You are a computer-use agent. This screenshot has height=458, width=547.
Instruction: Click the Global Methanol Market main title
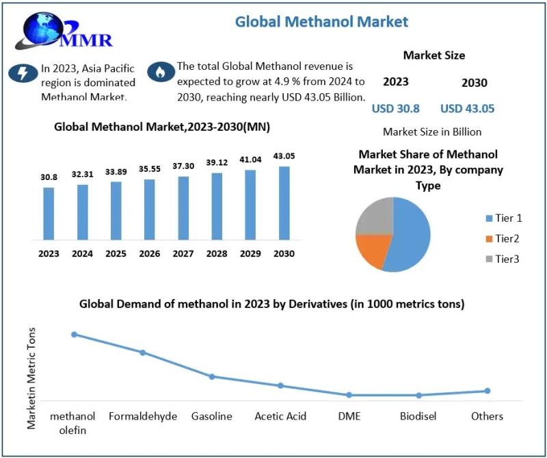[321, 21]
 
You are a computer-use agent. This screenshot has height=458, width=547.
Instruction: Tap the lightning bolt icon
[23, 73]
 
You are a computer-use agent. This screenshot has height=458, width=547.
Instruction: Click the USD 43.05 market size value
[467, 108]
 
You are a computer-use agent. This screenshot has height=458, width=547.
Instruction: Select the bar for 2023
[49, 214]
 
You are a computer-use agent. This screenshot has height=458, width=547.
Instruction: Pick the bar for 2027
[183, 208]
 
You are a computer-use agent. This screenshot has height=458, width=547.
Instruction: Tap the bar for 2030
[284, 203]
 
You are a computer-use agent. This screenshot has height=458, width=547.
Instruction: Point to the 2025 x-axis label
[116, 253]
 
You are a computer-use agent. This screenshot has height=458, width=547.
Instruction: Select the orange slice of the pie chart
[372, 251]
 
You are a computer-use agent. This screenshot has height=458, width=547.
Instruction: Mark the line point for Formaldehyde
[143, 353]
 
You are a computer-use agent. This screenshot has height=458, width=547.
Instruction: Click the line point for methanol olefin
[74, 334]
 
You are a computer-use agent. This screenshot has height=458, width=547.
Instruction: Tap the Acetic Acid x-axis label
[280, 416]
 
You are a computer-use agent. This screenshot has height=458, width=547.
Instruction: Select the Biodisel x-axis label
[418, 416]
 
